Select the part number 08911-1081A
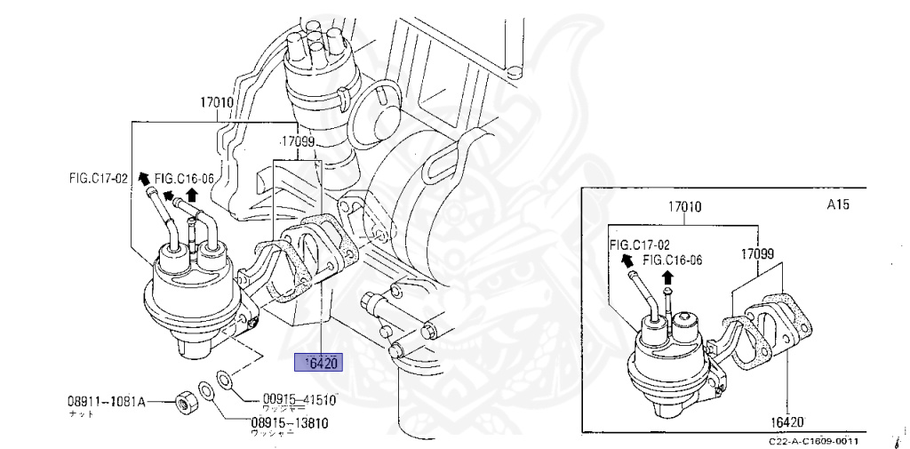107,401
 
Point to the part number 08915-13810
289,422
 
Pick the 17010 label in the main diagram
217,102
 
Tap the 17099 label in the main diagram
299,141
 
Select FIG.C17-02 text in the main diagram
98,178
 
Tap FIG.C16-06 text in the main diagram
185,179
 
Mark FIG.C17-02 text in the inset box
639,243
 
